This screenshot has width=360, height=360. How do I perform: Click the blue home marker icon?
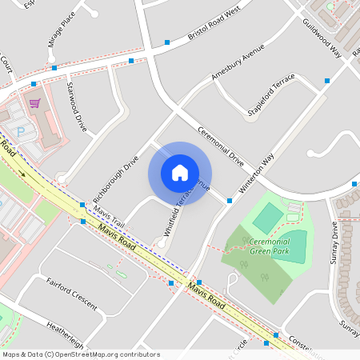point(180,173)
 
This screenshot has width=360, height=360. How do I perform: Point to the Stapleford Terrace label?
point(271,98)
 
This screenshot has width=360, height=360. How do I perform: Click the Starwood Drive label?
point(77,106)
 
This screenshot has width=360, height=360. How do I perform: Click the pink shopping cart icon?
point(34,102)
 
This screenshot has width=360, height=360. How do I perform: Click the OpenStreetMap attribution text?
point(81,354)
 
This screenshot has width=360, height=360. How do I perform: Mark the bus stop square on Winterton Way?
point(230,200)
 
